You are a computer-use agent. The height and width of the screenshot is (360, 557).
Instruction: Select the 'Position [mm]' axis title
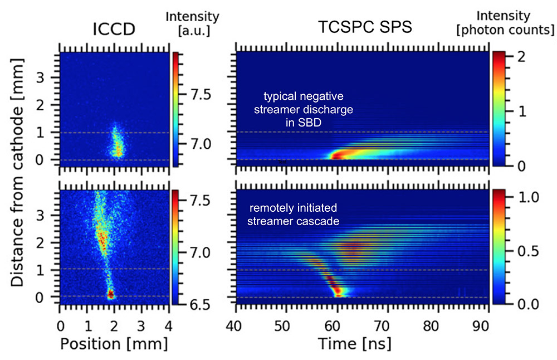pyautogui.click(x=114, y=344)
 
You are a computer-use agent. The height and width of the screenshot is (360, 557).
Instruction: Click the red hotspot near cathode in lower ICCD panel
pyautogui.click(x=110, y=293)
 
